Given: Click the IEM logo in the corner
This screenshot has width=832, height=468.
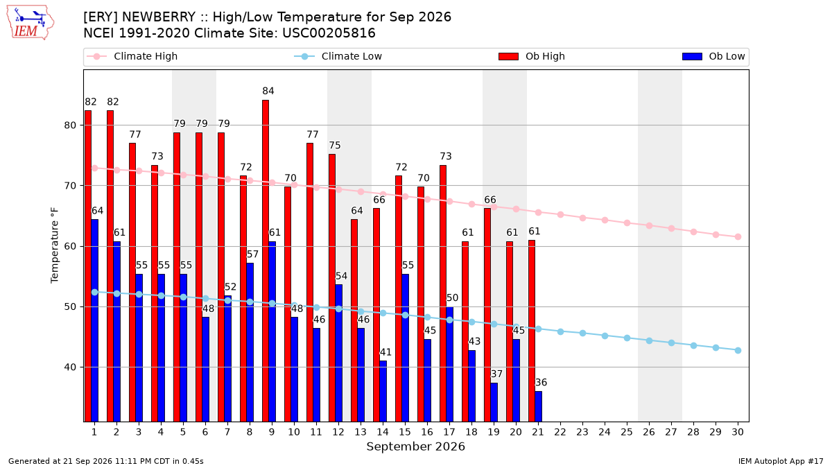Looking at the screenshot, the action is (31, 23).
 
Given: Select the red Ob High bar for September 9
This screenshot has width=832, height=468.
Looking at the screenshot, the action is (266, 261).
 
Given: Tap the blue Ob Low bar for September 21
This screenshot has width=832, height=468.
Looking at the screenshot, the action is (539, 406).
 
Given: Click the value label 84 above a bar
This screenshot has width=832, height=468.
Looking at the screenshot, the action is (268, 91).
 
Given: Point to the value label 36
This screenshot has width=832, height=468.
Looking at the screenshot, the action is (541, 382).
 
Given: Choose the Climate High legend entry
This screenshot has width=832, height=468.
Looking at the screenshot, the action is (132, 56).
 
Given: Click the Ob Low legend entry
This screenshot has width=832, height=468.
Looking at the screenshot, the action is (713, 56).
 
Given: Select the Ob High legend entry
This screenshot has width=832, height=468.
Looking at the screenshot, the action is (532, 56).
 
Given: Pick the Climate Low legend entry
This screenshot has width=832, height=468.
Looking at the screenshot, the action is (338, 56).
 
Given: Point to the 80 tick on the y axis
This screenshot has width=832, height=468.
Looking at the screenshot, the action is (70, 125).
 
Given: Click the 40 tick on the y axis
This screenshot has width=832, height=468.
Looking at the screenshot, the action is (70, 367).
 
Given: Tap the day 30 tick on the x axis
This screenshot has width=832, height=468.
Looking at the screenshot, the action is (738, 432).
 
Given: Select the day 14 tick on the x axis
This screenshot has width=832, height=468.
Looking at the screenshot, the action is (383, 432).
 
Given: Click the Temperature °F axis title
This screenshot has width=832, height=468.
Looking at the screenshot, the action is (55, 246).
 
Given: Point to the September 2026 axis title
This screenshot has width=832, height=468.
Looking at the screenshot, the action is (415, 447).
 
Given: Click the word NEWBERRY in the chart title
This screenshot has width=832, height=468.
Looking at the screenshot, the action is (159, 17).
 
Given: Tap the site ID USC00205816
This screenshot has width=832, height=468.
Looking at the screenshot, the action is (329, 33).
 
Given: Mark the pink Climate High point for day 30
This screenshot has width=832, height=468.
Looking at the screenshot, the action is (738, 236).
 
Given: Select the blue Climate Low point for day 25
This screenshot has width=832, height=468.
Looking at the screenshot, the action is (627, 338).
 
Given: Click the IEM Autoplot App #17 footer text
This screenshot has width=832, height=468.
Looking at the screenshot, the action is (781, 461).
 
